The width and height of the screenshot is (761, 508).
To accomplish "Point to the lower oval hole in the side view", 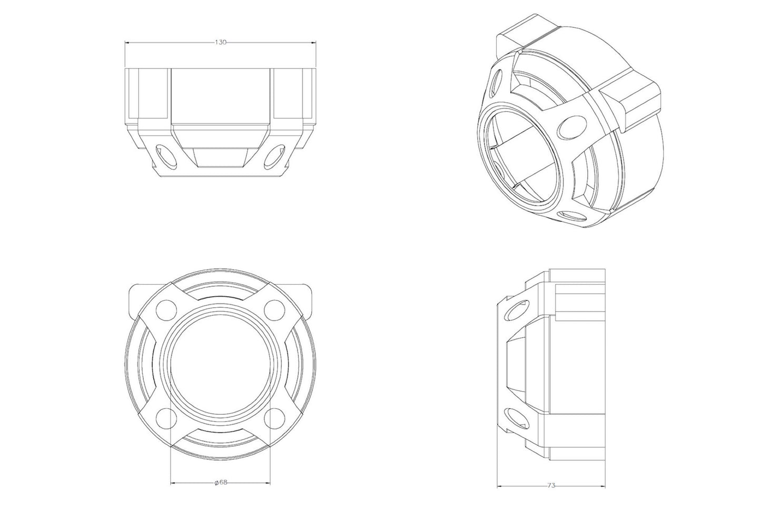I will [517, 416].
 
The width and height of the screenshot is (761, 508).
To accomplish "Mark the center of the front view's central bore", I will [220, 364].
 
